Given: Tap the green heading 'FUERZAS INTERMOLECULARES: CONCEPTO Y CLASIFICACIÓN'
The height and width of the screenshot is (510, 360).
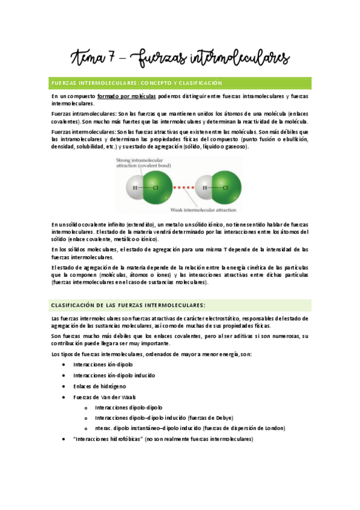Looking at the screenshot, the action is (136, 82).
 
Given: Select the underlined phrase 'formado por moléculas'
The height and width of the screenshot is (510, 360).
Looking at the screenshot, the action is (127, 96).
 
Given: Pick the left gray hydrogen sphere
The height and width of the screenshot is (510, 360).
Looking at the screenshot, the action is (135, 187).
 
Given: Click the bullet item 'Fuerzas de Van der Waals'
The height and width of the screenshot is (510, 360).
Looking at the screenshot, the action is (101, 397).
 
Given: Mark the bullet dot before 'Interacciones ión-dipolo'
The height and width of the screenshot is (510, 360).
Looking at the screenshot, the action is (64, 365).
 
